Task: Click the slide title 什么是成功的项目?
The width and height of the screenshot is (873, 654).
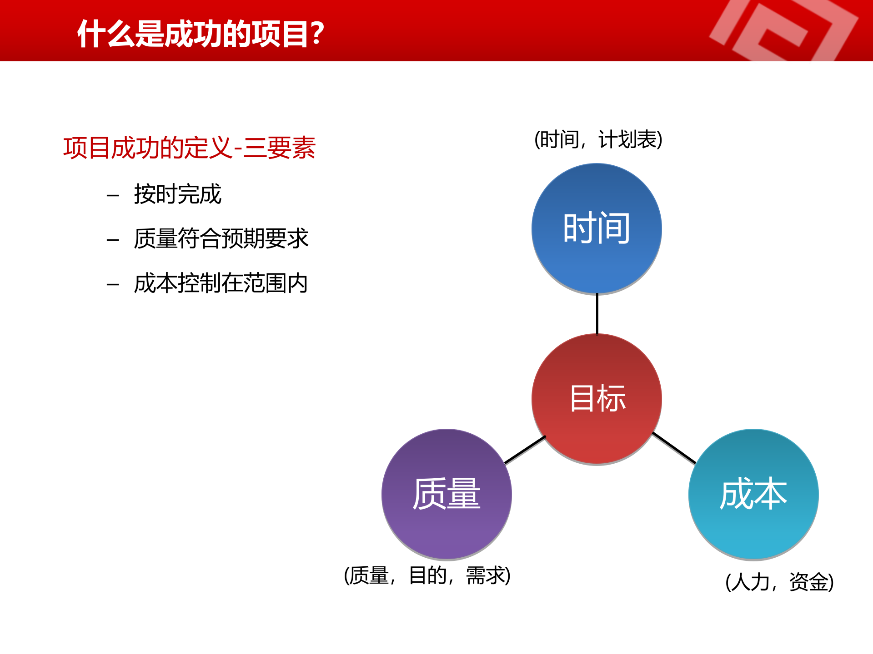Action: (200, 34)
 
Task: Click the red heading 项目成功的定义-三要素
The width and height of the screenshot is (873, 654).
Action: (189, 148)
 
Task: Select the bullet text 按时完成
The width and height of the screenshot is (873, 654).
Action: (177, 194)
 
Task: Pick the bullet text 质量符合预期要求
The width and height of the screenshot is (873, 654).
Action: (221, 239)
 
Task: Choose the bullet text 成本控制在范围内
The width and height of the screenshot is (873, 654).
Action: (221, 283)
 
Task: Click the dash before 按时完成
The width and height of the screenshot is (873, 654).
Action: (112, 196)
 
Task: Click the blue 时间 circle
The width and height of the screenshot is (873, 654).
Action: (597, 228)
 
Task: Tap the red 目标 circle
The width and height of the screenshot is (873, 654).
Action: (597, 399)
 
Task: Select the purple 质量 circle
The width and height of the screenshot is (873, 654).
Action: (447, 494)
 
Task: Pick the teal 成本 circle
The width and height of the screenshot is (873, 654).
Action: (753, 494)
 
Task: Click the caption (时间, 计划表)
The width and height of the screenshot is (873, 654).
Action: (598, 139)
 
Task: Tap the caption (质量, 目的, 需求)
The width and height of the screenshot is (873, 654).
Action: (427, 576)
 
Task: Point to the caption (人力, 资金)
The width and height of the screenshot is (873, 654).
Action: (779, 582)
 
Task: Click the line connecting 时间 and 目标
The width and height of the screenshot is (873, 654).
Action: (597, 314)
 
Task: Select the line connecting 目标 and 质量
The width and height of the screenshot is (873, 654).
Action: (525, 450)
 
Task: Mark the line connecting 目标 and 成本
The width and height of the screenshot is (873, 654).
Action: (674, 448)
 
